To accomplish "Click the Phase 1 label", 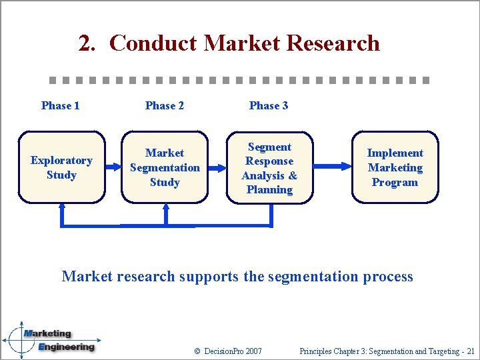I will pos(60,105).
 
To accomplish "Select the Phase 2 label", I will pos(165,105).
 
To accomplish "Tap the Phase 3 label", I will pos(269,105).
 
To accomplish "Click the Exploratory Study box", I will pos(61,167).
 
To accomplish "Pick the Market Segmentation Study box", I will pos(165,167).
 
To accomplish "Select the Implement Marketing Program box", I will pos(395,167).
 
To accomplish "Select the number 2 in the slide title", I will pos(85,43).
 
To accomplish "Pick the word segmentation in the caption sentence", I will pos(309,276).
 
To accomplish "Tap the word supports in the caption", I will pos(209,276).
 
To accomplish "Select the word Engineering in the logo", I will pos(66,347).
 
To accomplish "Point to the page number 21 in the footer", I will pos(470,351).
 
